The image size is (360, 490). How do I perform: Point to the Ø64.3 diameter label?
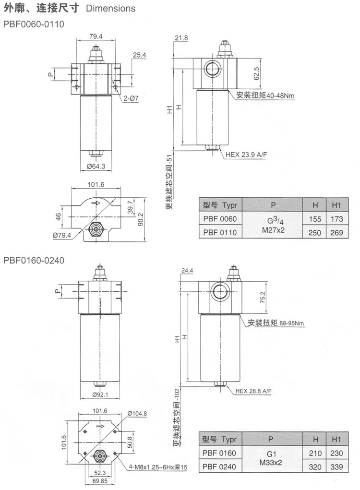tap(96, 167)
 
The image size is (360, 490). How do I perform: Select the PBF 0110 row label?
tap(219, 232)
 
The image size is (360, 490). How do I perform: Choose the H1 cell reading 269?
tap(336, 232)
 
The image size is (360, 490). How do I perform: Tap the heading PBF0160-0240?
tap(34, 261)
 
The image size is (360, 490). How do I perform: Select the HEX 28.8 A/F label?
tap(253, 391)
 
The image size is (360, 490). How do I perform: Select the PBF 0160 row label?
tap(219, 453)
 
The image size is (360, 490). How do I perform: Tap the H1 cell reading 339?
tap(336, 466)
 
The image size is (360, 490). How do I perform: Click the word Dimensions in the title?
tap(110, 8)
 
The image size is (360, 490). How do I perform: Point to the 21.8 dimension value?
tap(181, 37)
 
